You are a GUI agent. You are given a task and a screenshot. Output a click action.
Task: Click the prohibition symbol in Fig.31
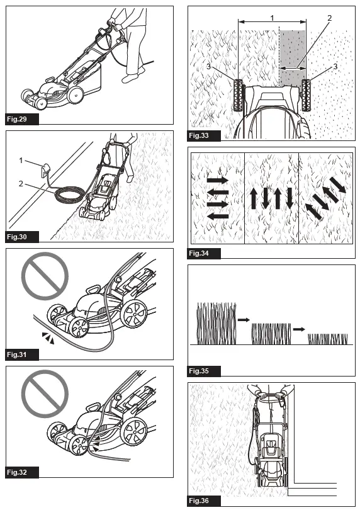tap(45, 276)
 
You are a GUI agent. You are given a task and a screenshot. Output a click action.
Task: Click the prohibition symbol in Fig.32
tap(45, 394)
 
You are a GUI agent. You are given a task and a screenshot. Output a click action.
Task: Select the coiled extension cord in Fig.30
tap(70, 194)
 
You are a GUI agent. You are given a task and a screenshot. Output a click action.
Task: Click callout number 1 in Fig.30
tap(21, 161)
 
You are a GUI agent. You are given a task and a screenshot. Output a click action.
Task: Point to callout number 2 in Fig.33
tap(329, 18)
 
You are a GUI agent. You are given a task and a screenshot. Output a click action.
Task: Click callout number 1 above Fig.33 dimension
tap(272, 18)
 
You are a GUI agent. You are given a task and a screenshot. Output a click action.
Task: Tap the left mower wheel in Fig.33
tap(239, 95)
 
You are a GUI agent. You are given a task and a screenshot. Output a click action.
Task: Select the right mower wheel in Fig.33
tap(307, 95)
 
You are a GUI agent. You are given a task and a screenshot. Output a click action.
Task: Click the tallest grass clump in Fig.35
tap(217, 323)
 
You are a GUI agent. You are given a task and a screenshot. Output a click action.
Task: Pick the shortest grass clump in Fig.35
tap(328, 339)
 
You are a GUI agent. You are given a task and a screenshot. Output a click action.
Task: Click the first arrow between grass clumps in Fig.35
tap(244, 320)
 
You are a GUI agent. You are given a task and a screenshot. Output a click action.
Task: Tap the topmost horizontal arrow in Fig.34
tap(218, 180)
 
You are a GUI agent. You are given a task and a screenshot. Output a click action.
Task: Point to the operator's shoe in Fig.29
tap(130, 78)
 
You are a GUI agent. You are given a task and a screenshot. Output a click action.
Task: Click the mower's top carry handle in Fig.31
tap(93, 290)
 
